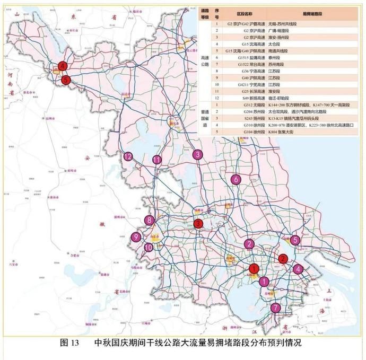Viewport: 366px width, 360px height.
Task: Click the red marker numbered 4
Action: [63, 67]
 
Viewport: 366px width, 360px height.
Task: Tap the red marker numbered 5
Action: [66, 80]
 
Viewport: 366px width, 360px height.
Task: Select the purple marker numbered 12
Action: [128, 156]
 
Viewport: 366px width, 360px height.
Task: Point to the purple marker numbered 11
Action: [157, 160]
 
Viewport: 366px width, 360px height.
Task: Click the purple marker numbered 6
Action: [235, 180]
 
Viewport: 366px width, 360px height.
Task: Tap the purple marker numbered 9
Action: [137, 238]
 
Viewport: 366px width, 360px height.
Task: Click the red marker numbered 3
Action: [198, 224]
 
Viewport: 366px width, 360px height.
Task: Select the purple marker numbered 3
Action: [197, 154]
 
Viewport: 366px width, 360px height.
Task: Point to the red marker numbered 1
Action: [255, 269]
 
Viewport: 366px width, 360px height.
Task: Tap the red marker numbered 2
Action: [283, 258]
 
